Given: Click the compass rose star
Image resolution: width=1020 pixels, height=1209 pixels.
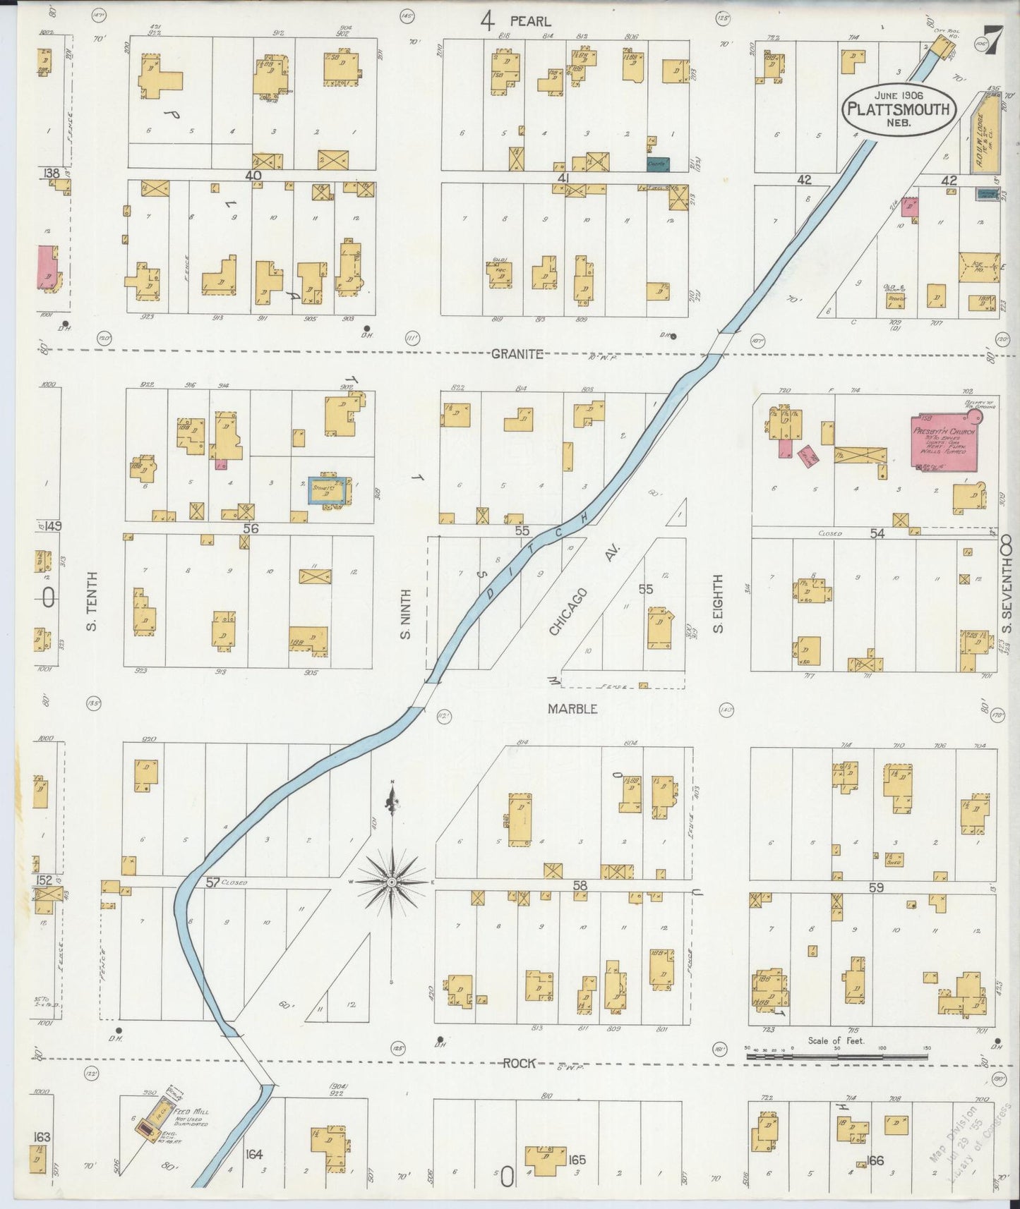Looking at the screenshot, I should pos(391,882).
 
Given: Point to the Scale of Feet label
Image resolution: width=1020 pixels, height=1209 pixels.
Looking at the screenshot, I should pos(836,1040).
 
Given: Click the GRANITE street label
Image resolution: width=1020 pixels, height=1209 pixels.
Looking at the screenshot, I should pos(517,354).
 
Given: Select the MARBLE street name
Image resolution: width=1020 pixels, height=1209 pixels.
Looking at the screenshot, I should pos(572,708).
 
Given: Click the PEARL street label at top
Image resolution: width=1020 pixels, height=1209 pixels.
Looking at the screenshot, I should pos(530,21).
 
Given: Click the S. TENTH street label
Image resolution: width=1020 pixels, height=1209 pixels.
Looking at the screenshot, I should pos(93,601).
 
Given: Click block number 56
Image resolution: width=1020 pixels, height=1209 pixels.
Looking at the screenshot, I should pos(251,528).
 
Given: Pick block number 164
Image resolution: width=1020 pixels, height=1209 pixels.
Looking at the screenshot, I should pos(254,1154).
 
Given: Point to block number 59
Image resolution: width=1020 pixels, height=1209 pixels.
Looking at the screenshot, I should pos(875,887).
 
